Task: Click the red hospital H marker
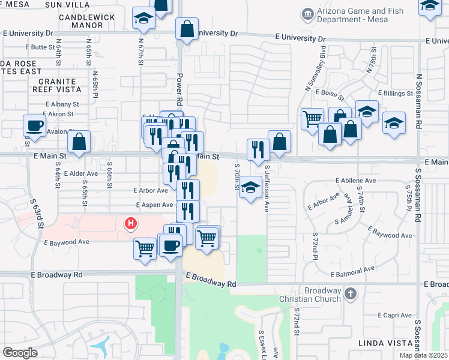[x=130, y=224]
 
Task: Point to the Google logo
[x=20, y=352]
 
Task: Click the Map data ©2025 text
[x=423, y=355]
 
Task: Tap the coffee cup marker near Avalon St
[x=34, y=126]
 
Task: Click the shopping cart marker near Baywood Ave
[x=145, y=247]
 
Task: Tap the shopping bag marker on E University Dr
[x=187, y=28]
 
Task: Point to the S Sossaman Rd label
[x=418, y=193]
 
